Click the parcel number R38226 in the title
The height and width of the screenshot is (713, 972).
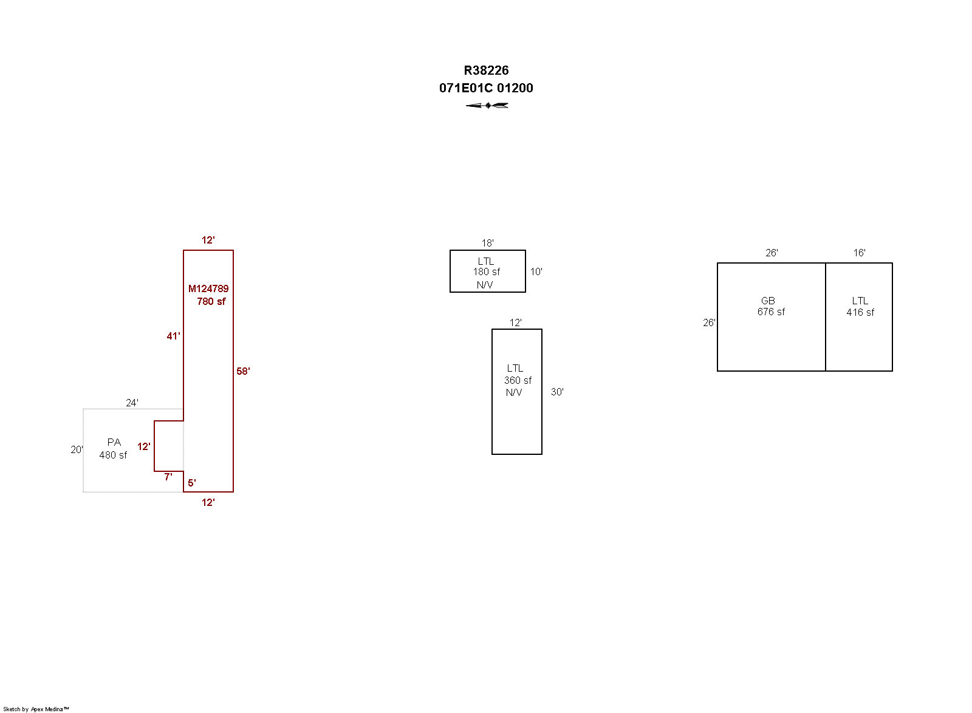pos(486,70)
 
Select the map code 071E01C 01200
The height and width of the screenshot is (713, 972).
pos(486,88)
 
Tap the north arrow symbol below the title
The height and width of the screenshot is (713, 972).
pos(487,106)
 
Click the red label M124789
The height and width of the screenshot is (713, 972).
pos(208,288)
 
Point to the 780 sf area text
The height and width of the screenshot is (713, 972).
pos(211,301)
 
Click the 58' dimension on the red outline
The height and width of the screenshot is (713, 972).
pos(243,371)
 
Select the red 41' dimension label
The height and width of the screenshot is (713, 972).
pos(173,336)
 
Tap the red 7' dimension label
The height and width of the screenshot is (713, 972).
pos(168,477)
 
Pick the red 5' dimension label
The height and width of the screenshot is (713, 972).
pos(192,483)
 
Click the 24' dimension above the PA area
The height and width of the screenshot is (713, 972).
pos(132,403)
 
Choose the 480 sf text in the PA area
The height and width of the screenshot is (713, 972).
pos(113,455)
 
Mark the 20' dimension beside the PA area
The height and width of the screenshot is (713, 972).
pos(77,450)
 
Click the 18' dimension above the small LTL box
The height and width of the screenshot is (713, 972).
pos(487,244)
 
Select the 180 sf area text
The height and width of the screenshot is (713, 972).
pos(487,272)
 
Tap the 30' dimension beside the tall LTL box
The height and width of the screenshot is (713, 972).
pos(557,392)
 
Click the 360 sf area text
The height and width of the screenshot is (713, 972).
pos(518,380)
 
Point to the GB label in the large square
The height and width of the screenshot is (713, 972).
pos(768,301)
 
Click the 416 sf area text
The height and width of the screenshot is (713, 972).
pos(860,312)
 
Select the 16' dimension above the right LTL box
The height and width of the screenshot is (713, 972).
pos(859,253)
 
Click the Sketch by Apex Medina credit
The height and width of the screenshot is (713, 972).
pos(36,709)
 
